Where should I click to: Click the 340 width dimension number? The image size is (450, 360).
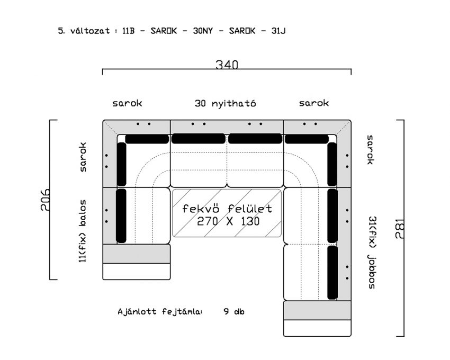click(x=227, y=65)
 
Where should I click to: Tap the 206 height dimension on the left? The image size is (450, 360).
click(x=46, y=200)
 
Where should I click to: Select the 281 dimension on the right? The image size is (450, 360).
click(x=400, y=229)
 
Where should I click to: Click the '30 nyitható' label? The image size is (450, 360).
click(x=226, y=103)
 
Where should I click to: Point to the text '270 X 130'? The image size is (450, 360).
click(x=228, y=221)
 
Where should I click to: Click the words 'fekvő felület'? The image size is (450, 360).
click(x=227, y=209)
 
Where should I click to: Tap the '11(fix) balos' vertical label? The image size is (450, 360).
click(x=83, y=231)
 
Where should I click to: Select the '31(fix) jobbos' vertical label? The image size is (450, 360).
click(x=372, y=253)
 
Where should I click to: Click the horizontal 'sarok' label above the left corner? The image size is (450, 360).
click(x=127, y=103)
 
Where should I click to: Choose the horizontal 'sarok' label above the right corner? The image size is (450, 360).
click(x=314, y=103)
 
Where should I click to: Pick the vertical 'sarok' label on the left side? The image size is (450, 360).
click(x=83, y=157)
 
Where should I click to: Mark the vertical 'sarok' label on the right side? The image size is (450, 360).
click(x=371, y=150)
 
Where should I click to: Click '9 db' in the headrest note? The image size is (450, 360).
click(x=234, y=311)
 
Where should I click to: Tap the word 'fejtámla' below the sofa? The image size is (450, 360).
click(x=182, y=312)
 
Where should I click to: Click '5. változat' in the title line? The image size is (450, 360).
click(x=84, y=31)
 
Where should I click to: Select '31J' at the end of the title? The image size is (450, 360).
click(x=278, y=31)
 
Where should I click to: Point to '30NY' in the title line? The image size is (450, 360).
click(x=203, y=31)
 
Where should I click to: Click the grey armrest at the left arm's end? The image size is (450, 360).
click(x=137, y=254)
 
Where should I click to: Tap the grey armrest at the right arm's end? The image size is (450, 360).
click(x=318, y=310)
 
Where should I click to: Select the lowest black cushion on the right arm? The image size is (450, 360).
click(x=332, y=273)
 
